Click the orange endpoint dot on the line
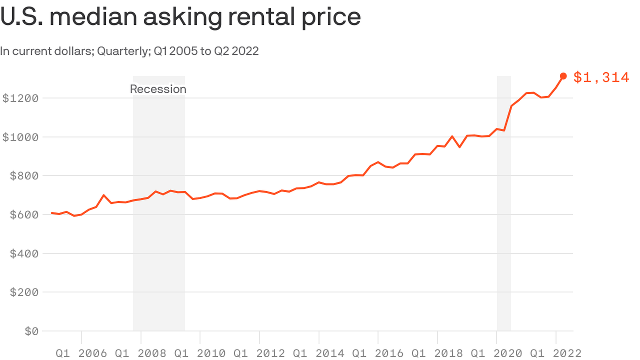click(563, 76)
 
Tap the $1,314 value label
click(601, 77)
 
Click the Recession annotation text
click(158, 89)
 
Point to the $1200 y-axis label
click(20, 98)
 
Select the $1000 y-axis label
click(20, 137)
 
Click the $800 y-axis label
click(23, 176)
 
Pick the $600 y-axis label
click(23, 215)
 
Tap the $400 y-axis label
click(23, 254)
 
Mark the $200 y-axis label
click(23, 292)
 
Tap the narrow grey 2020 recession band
click(504, 211)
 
